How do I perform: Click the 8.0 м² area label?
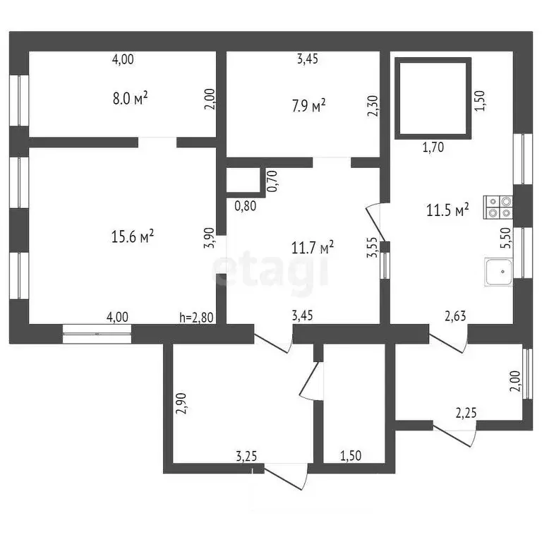point(131,99)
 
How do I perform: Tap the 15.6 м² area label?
point(133,237)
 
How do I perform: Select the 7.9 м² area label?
point(308,105)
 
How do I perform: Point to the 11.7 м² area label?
point(313,248)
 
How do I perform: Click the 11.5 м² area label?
point(447,210)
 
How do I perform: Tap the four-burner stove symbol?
point(498,207)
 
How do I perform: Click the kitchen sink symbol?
point(498,272)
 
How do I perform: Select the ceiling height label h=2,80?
point(196,318)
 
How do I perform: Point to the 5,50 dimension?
point(505,238)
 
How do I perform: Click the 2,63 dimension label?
point(455,316)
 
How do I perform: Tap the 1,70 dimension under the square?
point(433,147)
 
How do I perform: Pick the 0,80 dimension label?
point(246,206)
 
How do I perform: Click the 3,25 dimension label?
point(246,457)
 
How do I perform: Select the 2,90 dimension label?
point(181,404)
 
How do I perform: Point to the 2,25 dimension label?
point(466,413)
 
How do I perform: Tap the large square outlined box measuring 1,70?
point(433,98)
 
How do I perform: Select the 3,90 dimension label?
point(210,238)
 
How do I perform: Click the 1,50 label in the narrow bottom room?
point(351,456)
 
